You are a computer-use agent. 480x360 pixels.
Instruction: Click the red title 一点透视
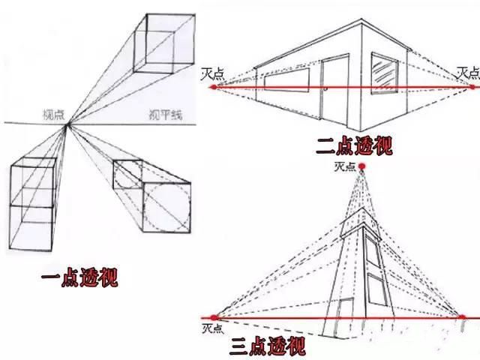point(79,277)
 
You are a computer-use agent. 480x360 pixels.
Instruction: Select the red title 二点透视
point(354,146)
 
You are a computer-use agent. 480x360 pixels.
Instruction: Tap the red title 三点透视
point(268,346)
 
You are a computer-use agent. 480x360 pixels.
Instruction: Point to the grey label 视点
point(54,115)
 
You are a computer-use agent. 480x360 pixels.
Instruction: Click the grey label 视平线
point(166,115)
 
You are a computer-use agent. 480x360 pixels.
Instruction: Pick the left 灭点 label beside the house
point(212,74)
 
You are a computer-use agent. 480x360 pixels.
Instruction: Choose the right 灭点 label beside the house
point(468,73)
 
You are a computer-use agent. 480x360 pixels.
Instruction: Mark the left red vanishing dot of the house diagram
point(214,88)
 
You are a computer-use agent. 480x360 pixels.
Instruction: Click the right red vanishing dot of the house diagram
point(472,87)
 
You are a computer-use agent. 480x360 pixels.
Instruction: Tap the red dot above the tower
point(362,166)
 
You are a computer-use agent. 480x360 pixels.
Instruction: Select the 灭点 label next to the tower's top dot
point(345,166)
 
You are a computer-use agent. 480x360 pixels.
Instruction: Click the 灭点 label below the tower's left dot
point(213,328)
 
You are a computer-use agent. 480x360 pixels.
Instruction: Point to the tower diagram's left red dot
point(214,317)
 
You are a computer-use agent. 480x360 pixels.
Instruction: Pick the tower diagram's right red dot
point(462,316)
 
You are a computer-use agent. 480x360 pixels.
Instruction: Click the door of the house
point(334,91)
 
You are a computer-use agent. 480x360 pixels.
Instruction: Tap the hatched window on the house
point(385,73)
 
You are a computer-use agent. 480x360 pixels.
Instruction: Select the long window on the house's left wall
point(286,80)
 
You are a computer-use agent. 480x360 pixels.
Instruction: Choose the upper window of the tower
point(373,253)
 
